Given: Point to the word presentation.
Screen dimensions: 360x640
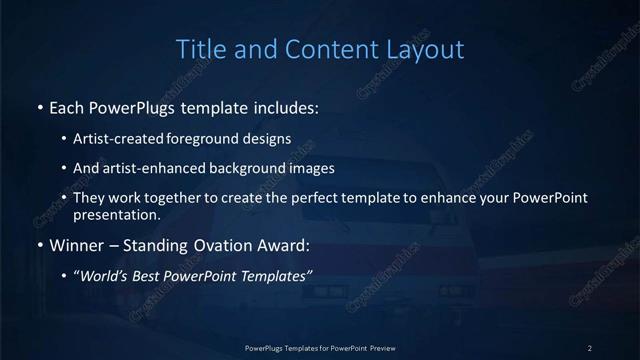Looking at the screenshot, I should click(x=116, y=214).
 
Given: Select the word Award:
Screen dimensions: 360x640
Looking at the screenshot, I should click(x=281, y=244).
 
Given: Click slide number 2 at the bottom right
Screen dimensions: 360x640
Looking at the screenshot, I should click(x=590, y=347).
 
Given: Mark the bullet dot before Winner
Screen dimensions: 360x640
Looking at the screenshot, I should click(x=39, y=245).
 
